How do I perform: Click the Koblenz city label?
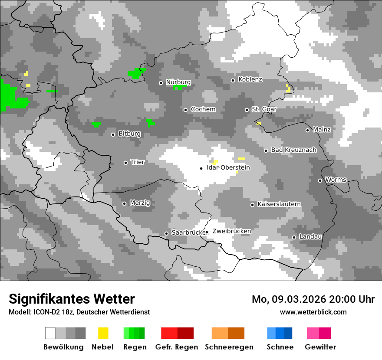coord(250,79)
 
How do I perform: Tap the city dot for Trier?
coord(126,163)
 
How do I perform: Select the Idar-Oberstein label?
coord(228,167)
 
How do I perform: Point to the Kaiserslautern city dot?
coord(252,205)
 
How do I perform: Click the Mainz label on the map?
coord(322,129)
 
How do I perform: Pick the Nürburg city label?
coord(178,82)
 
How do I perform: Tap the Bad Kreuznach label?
coord(293,150)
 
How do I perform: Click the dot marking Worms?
coord(320,180)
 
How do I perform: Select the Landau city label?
coord(310,236)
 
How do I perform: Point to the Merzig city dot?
coord(125,203)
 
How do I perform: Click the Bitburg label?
coord(129,134)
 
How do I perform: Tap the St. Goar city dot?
coord(247,110)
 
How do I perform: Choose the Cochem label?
coord(203,109)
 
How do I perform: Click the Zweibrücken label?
coord(231,231)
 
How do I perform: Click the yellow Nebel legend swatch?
coord(103,333)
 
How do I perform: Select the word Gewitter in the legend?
coord(320,347)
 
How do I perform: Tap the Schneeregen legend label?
coord(229,347)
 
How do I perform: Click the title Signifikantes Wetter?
coord(72,299)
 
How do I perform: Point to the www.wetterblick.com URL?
coord(313,312)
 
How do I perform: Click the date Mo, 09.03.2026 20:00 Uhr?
coord(313,299)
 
